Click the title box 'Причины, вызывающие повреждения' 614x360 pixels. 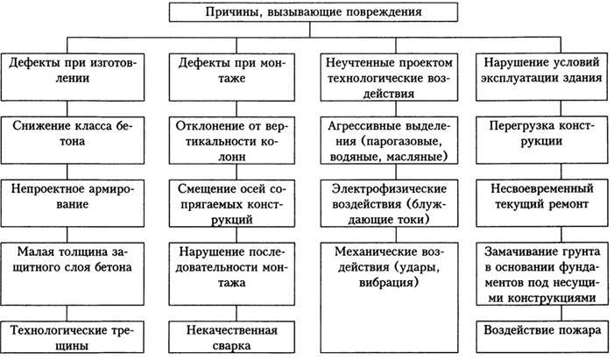click(314, 11)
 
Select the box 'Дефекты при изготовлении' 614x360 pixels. click(73, 77)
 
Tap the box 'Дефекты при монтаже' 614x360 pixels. click(232, 77)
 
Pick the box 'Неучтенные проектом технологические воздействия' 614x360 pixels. click(389, 77)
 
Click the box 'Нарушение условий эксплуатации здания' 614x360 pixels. click(541, 77)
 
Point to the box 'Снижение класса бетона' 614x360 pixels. click(73, 140)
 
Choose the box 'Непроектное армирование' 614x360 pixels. click(73, 203)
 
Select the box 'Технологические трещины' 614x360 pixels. click(73, 337)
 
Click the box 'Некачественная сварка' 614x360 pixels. click(232, 337)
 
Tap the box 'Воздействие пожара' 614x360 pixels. click(541, 337)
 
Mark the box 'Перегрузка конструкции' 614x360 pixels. click(541, 140)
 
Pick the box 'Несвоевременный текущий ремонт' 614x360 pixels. click(541, 203)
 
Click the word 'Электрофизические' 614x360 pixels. click(389, 189)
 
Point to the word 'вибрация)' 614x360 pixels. click(389, 282)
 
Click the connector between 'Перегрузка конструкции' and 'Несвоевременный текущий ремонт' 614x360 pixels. click(561, 172)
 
